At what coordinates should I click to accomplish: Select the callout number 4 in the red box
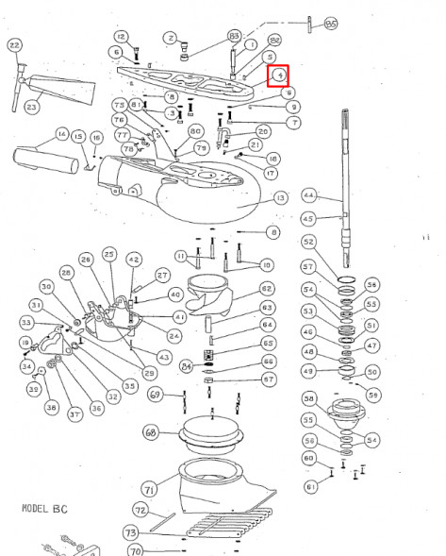tap(279, 75)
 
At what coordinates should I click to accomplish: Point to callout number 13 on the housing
tap(279, 197)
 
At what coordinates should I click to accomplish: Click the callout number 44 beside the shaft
tap(307, 195)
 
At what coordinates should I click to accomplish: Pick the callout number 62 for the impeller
tap(267, 288)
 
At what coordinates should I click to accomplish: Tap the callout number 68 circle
tap(149, 432)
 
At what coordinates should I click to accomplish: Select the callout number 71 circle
tap(149, 488)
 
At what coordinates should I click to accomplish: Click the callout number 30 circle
tap(44, 286)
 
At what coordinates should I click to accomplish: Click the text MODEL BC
tap(42, 507)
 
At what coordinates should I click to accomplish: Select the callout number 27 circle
tap(162, 275)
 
